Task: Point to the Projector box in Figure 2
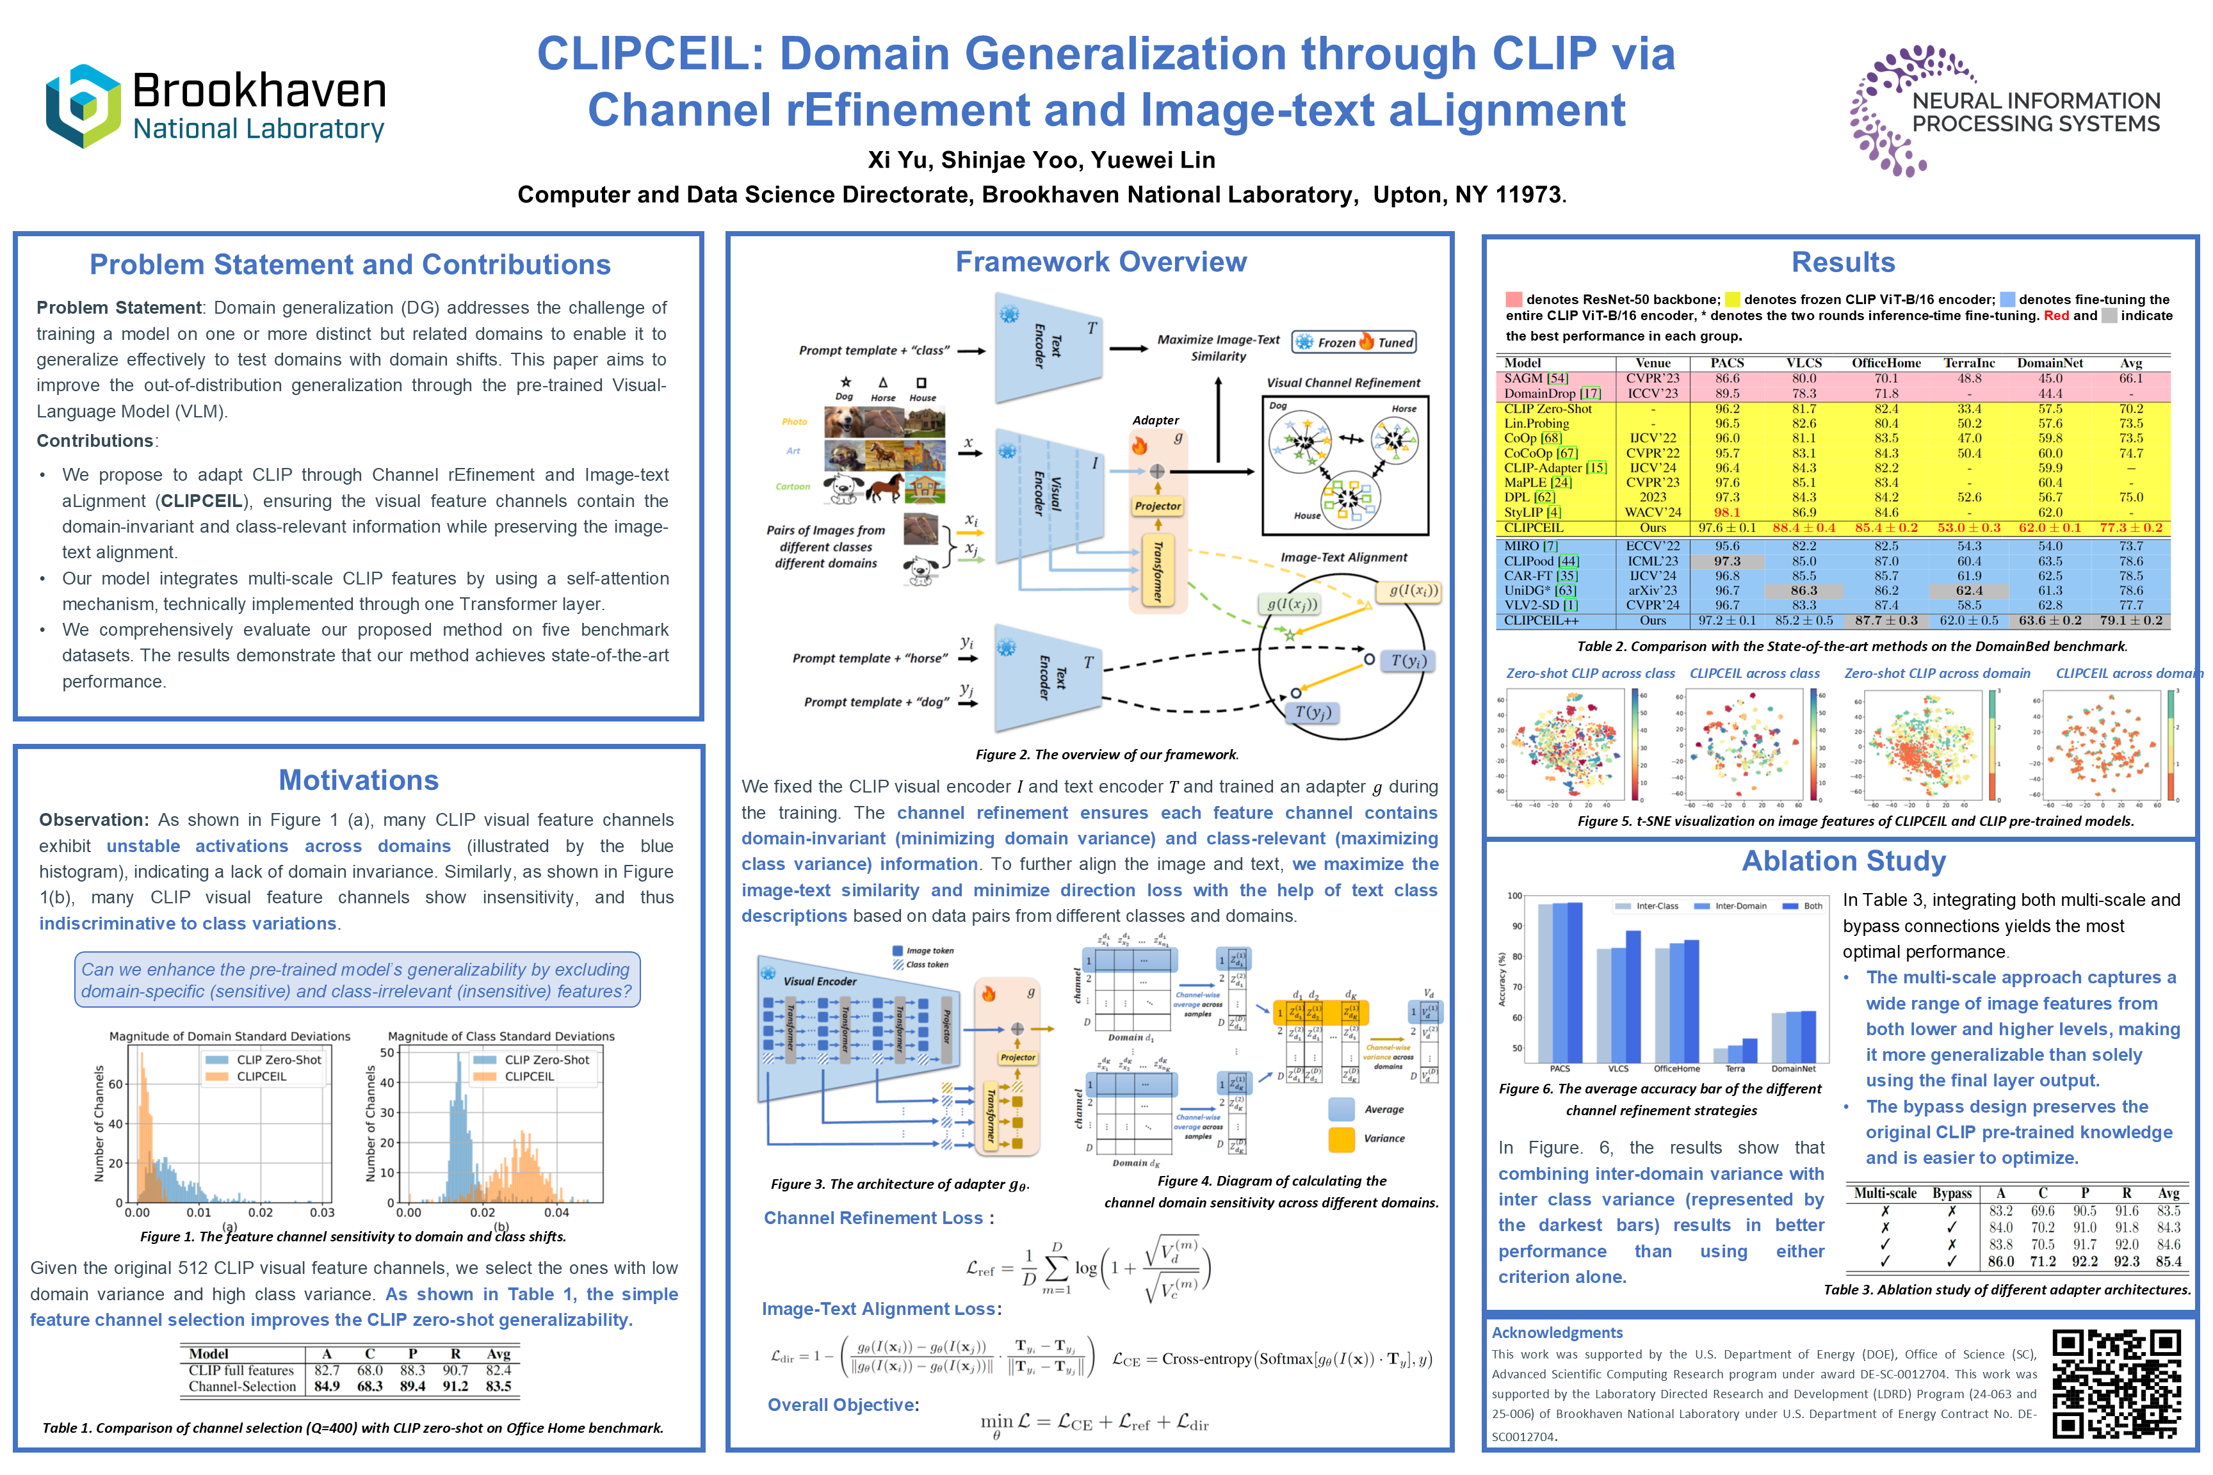coord(1157,506)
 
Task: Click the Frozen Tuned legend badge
coord(1355,343)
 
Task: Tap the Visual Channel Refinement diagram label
coord(1343,383)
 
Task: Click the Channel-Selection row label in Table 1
coord(242,1387)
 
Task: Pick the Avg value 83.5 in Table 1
coord(499,1387)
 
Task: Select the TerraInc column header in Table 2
coord(1968,363)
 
